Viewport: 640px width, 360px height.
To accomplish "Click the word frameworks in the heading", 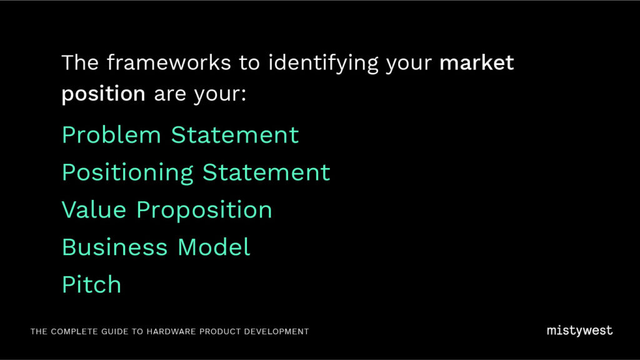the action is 169,62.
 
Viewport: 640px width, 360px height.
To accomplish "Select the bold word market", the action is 476,62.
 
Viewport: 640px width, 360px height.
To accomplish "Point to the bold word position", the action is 103,94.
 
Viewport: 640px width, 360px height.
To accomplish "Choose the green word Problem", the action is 111,135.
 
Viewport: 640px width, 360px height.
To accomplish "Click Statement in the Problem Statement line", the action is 235,135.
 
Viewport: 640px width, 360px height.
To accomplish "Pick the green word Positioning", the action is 127,173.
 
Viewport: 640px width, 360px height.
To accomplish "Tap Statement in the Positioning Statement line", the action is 266,172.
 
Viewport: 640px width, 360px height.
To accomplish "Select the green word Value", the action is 94,210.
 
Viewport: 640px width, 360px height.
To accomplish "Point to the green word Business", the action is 115,247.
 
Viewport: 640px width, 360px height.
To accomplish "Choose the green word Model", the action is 214,247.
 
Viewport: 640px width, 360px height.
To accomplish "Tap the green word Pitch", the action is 92,284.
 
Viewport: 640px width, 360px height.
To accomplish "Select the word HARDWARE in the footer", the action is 171,331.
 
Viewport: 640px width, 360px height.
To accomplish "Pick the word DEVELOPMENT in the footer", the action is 276,331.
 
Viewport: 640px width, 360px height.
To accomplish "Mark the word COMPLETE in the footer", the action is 74,331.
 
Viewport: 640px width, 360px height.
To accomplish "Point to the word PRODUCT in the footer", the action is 220,331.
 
